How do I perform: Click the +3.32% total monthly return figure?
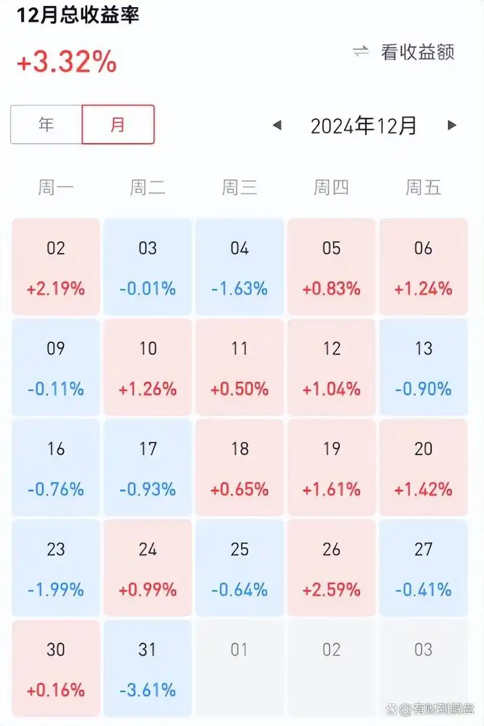[67, 62]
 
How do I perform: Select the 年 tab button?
[46, 125]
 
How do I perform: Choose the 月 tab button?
[118, 125]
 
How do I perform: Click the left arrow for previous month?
[277, 125]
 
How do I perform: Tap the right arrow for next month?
[452, 125]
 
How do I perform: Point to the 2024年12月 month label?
[363, 125]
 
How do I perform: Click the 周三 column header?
[240, 188]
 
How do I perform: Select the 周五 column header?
[423, 188]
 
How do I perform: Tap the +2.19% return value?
[56, 289]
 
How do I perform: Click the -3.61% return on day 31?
[148, 690]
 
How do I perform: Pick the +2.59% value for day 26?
[331, 590]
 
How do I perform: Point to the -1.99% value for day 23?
[56, 590]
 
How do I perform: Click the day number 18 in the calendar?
[240, 449]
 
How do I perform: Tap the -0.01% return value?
[148, 289]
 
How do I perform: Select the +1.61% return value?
[331, 489]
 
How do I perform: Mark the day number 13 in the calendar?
[423, 348]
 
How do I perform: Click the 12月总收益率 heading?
[78, 15]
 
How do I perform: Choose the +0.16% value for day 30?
[56, 690]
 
